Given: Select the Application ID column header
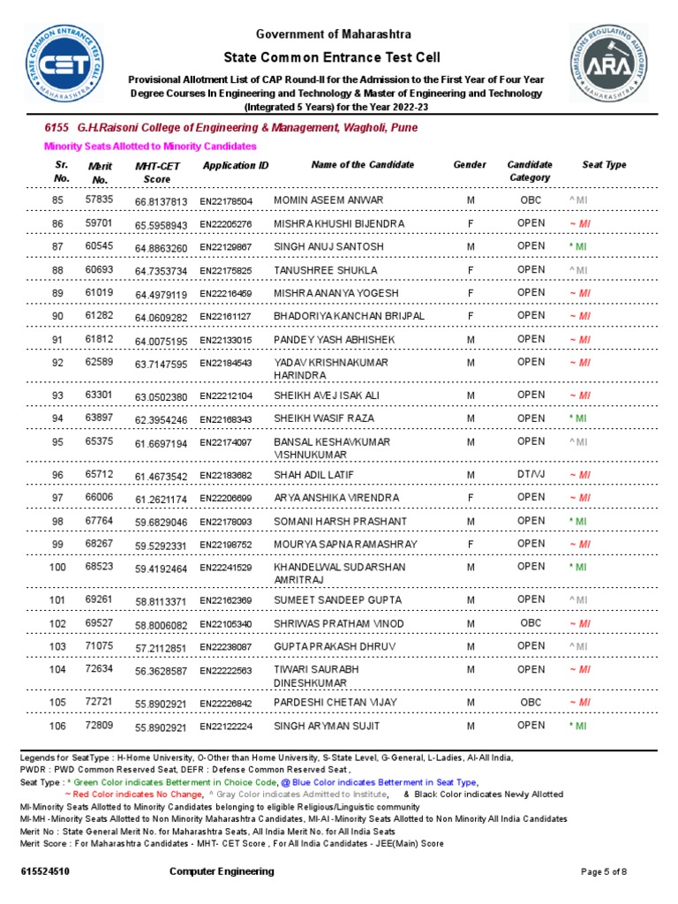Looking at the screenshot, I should tap(236, 166).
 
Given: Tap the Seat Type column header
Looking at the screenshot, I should tap(604, 165).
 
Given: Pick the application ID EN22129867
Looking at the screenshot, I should tap(226, 247).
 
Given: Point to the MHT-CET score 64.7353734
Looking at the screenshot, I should tap(161, 271).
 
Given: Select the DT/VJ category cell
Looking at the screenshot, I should tap(531, 474).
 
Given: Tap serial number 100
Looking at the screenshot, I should tap(58, 567).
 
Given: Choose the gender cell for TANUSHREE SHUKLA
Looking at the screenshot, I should tap(471, 270).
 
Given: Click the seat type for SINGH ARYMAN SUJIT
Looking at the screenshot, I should tap(578, 727).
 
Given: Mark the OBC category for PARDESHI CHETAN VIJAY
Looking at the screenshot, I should tap(531, 702).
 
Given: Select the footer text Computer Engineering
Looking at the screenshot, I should tap(222, 871).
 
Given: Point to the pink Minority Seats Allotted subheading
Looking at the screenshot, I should tap(150, 146).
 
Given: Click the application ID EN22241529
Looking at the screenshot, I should tap(226, 568).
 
